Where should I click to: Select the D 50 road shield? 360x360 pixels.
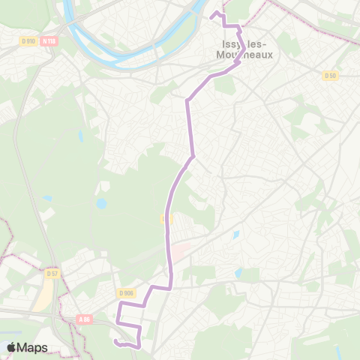[330, 76]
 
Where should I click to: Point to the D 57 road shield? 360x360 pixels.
[52, 272]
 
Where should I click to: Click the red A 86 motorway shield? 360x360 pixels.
[85, 319]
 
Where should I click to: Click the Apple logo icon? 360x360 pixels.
[12, 347]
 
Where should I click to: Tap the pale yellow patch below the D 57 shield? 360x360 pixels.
[45, 296]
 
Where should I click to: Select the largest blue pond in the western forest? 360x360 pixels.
[100, 203]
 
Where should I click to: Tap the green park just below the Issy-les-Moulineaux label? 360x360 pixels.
[224, 85]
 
